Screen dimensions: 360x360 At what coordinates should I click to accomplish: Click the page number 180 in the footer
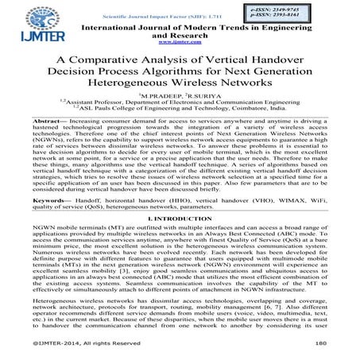pos(320,343)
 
